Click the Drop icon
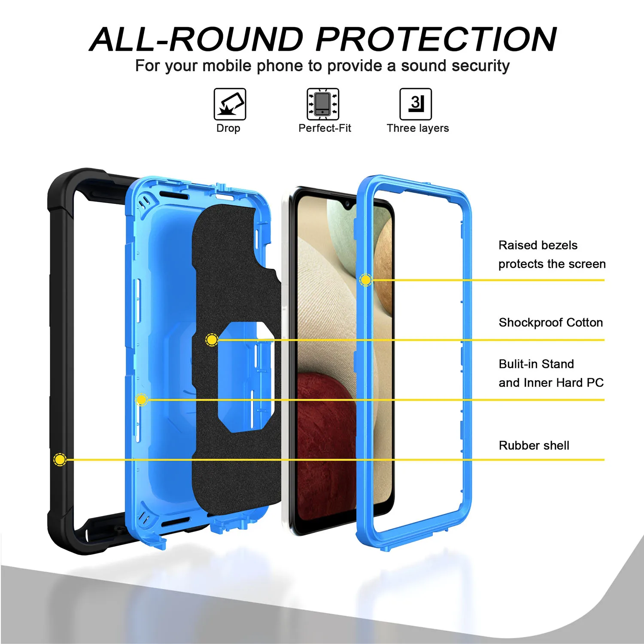(230, 104)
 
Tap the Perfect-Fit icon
(323, 104)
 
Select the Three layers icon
(416, 104)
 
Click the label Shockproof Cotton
(550, 322)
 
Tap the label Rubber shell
(534, 446)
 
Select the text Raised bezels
(538, 245)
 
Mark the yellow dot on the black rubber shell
(60, 460)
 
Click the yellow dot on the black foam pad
(212, 340)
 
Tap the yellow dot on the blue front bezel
(365, 280)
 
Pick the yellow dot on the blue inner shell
(141, 400)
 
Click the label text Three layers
(417, 128)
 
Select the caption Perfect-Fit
(325, 128)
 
